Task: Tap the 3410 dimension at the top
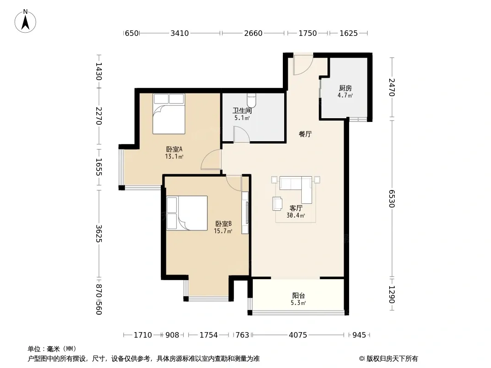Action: (180, 33)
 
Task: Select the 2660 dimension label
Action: (253, 33)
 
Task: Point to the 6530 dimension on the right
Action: (392, 199)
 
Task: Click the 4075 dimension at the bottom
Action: (298, 335)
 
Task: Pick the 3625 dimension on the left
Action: (99, 234)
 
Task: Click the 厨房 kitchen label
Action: (345, 88)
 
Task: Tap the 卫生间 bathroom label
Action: (242, 111)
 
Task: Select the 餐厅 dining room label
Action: (305, 134)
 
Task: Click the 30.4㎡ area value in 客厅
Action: (296, 215)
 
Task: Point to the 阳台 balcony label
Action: (298, 295)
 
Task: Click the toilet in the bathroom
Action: (251, 100)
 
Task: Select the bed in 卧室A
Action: (169, 114)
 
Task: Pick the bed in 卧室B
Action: (187, 213)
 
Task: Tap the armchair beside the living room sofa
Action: (277, 203)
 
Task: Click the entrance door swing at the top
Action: (303, 64)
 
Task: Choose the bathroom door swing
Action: (241, 134)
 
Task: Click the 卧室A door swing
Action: (211, 160)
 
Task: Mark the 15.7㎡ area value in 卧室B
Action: (223, 231)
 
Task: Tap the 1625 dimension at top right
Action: (349, 33)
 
